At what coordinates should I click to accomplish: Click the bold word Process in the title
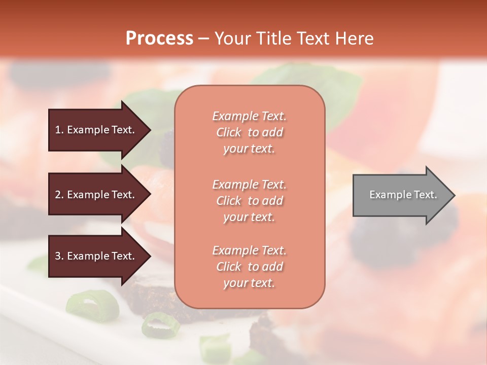pos(159,39)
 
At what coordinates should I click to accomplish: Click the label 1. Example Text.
pos(95,130)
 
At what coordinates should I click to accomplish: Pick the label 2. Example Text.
pos(95,195)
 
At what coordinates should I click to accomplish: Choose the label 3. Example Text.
pos(95,256)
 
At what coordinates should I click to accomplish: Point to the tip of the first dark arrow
pos(150,130)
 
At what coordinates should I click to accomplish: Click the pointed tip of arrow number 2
pos(150,195)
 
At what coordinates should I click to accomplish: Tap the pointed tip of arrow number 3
pos(150,256)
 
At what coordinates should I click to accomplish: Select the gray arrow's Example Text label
pos(403,195)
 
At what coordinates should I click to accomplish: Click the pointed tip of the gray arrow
pos(455,195)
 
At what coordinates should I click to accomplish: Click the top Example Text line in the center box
pos(249,116)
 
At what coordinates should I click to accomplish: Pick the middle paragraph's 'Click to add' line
pos(249,201)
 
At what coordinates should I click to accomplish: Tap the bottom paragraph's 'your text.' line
pos(249,283)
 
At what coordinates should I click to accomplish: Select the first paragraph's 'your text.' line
pos(249,149)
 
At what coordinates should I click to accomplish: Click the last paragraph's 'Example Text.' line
pos(249,250)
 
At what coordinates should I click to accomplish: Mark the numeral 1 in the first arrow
pos(58,130)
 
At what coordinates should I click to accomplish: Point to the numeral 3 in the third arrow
pos(58,256)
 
